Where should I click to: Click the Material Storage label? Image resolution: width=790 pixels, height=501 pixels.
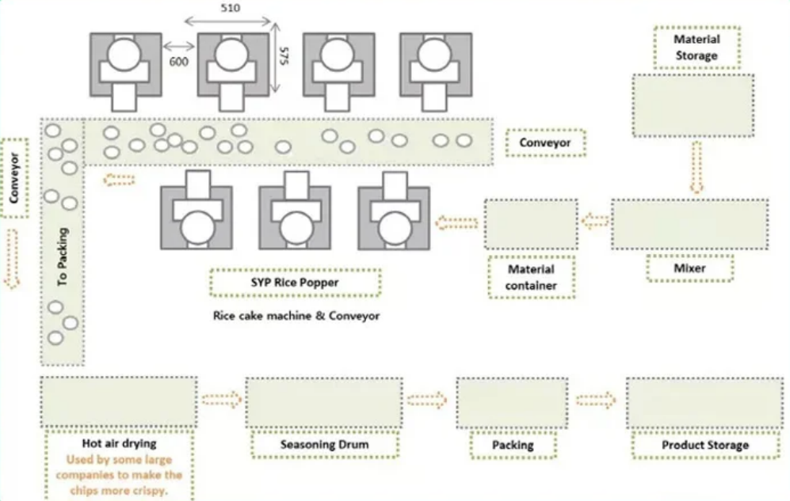click(696, 47)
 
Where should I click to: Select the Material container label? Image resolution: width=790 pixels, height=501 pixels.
click(532, 277)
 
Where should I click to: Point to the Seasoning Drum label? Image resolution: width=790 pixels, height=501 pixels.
click(324, 445)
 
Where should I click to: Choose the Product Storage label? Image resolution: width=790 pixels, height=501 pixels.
click(704, 445)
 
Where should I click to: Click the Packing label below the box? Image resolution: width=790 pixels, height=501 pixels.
click(512, 445)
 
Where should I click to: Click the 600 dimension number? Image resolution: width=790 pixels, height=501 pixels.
click(178, 62)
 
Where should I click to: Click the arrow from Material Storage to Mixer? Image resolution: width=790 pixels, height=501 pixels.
click(696, 167)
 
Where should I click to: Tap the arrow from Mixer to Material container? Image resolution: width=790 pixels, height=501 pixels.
click(594, 222)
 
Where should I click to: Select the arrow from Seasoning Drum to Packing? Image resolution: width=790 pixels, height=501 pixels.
click(429, 399)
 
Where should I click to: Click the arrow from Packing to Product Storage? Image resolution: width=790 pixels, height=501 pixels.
click(596, 400)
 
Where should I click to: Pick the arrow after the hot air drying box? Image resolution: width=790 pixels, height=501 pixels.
click(221, 400)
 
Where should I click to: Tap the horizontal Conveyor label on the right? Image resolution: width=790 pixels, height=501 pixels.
click(545, 142)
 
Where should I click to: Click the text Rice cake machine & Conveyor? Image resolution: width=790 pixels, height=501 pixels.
click(296, 315)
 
